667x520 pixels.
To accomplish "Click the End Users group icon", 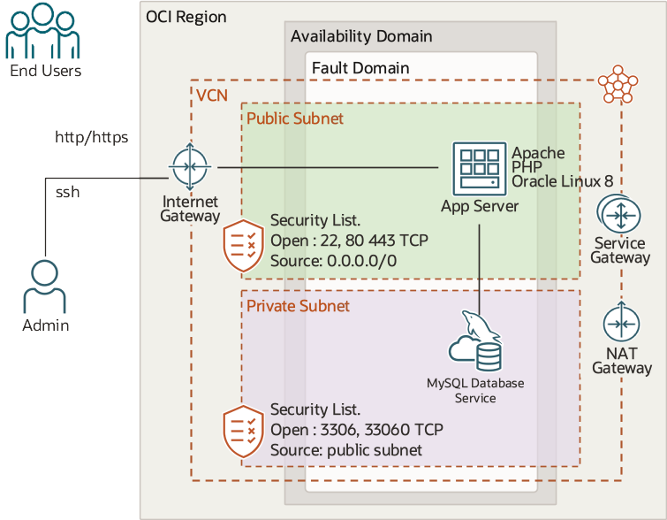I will point(44,31).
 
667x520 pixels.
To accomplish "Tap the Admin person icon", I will point(45,286).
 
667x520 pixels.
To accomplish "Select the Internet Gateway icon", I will point(191,166).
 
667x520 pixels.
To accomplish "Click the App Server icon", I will point(480,168).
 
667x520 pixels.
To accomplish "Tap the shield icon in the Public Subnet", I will point(241,246).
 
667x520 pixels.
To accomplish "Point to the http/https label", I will point(92,137).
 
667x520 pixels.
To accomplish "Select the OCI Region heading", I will point(186,17).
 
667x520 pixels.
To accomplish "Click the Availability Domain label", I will point(361,36).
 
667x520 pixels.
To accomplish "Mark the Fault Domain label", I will point(360,68).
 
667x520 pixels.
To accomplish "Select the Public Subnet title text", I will point(294,118).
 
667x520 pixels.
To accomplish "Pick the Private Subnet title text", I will point(298,306).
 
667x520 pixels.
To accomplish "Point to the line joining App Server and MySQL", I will point(480,265).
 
